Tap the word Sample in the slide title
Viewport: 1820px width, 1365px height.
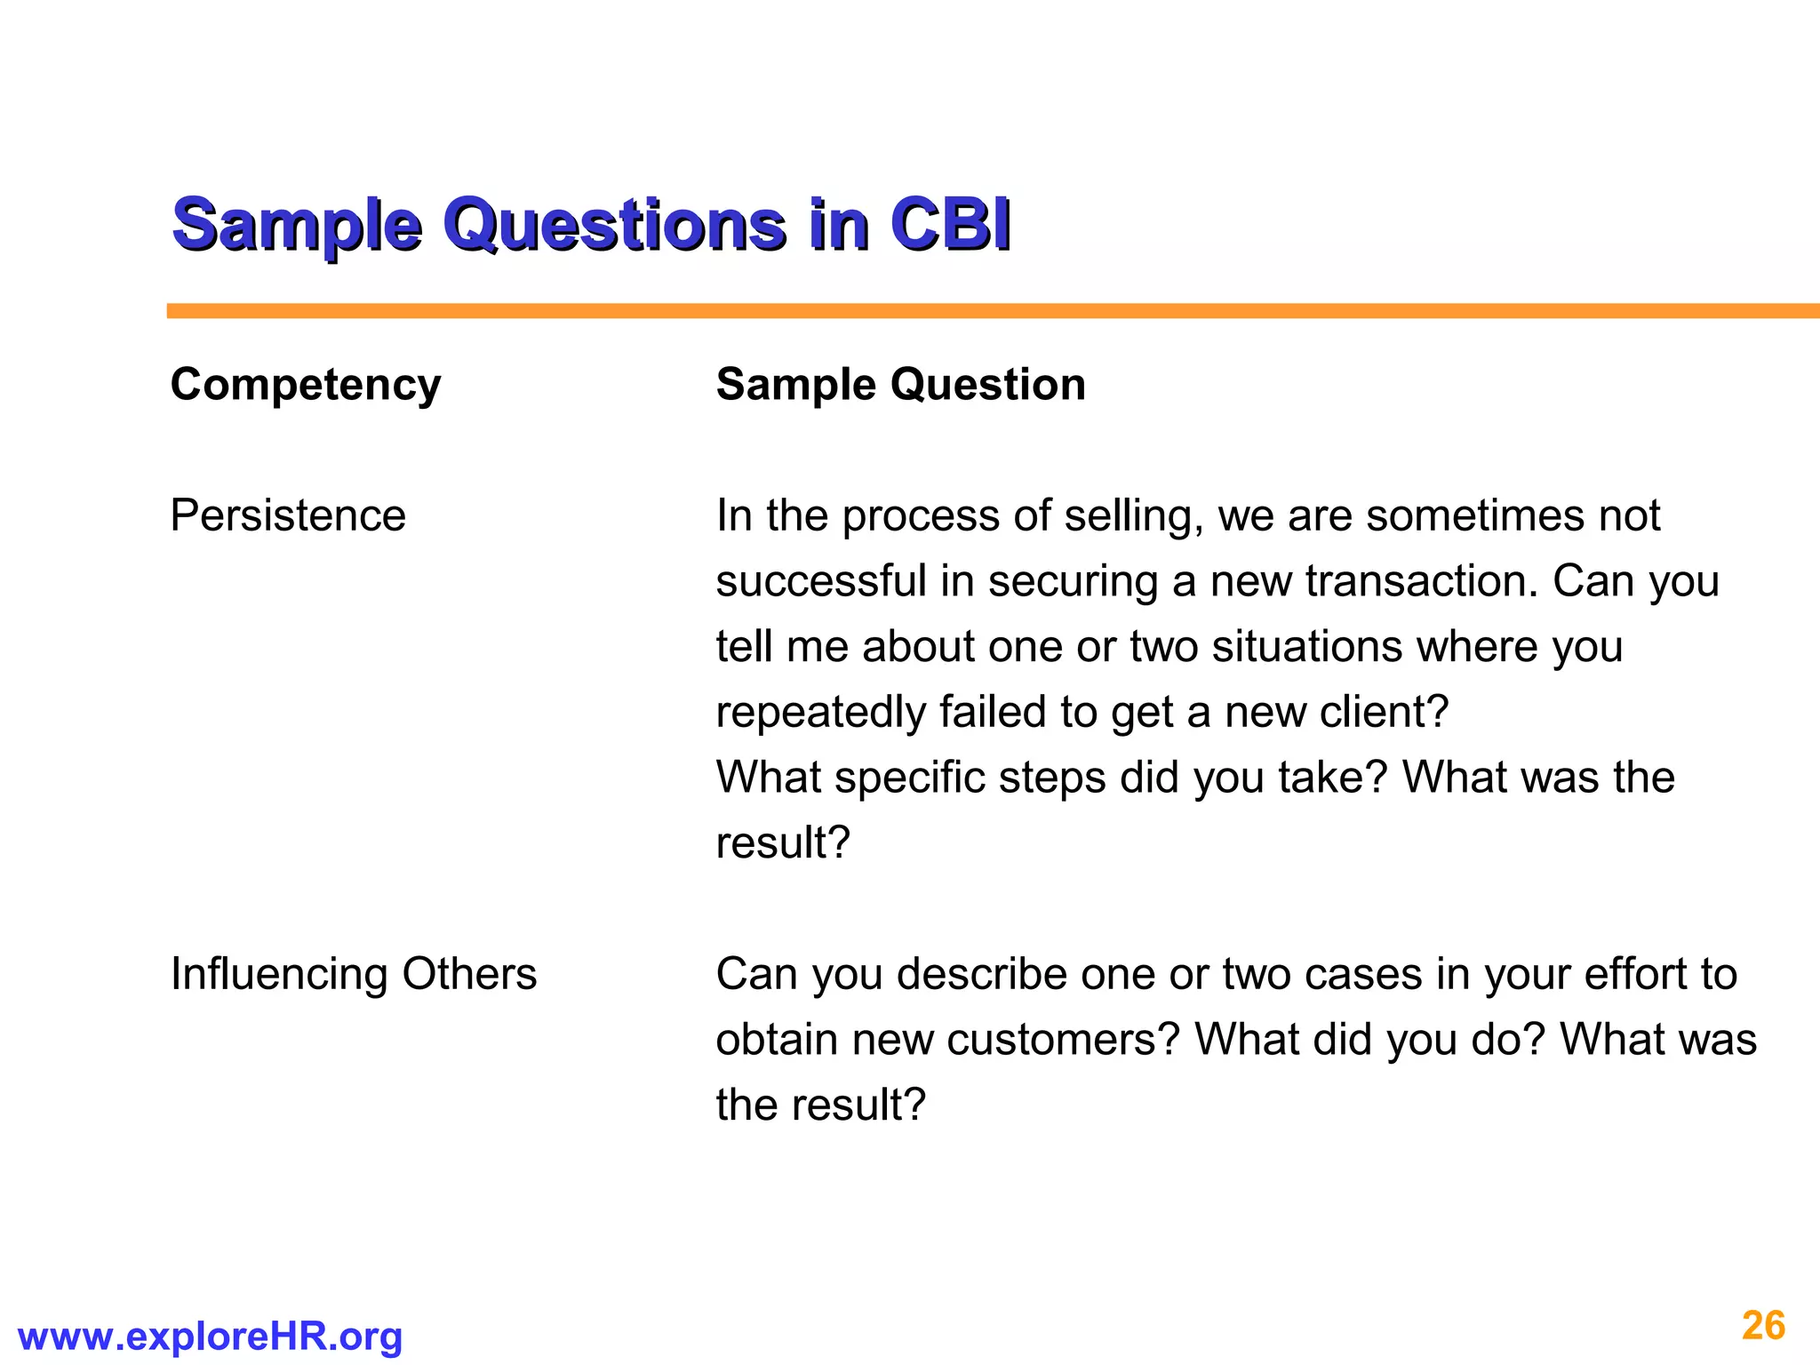297,224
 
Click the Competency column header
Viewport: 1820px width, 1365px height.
305,385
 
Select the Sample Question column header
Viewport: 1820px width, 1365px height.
900,385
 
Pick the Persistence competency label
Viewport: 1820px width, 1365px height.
287,515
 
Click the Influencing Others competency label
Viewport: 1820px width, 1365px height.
353,974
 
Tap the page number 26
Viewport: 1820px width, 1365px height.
1763,1326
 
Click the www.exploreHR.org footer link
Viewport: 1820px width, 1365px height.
210,1337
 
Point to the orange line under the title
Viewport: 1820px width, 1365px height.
978,311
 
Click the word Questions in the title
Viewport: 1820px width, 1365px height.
614,224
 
